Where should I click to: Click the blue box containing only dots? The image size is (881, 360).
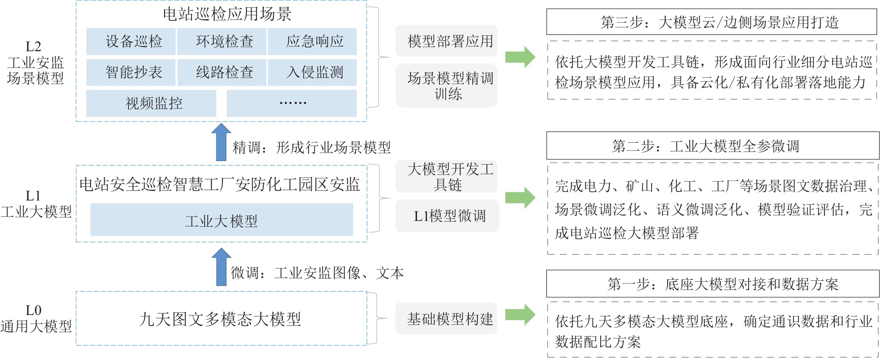click(292, 104)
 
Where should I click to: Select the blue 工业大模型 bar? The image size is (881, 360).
click(222, 220)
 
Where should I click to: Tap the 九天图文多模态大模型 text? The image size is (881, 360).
click(220, 319)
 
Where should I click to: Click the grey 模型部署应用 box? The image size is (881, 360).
click(447, 41)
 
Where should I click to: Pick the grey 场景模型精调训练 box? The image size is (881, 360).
click(447, 86)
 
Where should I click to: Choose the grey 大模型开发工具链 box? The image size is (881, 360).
click(447, 176)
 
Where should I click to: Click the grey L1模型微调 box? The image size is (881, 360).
click(447, 216)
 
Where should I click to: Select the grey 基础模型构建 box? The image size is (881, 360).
click(446, 319)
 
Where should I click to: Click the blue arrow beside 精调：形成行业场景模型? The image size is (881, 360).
click(221, 142)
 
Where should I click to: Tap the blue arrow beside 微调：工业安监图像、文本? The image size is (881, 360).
click(221, 267)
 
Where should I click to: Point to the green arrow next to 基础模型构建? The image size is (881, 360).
click(520, 315)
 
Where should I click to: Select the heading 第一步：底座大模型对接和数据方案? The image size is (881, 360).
click(713, 284)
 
